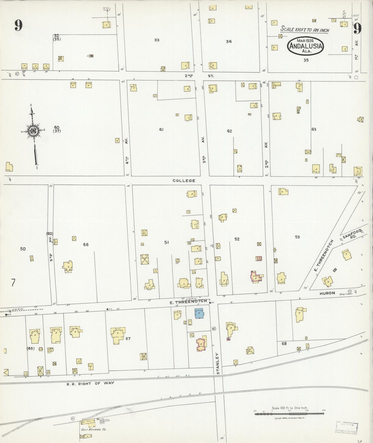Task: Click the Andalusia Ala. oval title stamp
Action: pyautogui.click(x=305, y=46)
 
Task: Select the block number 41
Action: pyautogui.click(x=161, y=130)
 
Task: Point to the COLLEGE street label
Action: pyautogui.click(x=184, y=181)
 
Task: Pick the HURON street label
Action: pyautogui.click(x=327, y=293)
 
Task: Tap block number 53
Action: pyautogui.click(x=297, y=237)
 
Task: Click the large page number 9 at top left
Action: pyautogui.click(x=18, y=25)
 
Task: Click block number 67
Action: pyautogui.click(x=128, y=338)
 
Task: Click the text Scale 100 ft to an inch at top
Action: pyautogui.click(x=305, y=29)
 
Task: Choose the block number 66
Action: pyautogui.click(x=86, y=244)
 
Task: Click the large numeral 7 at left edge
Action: pyautogui.click(x=13, y=282)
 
